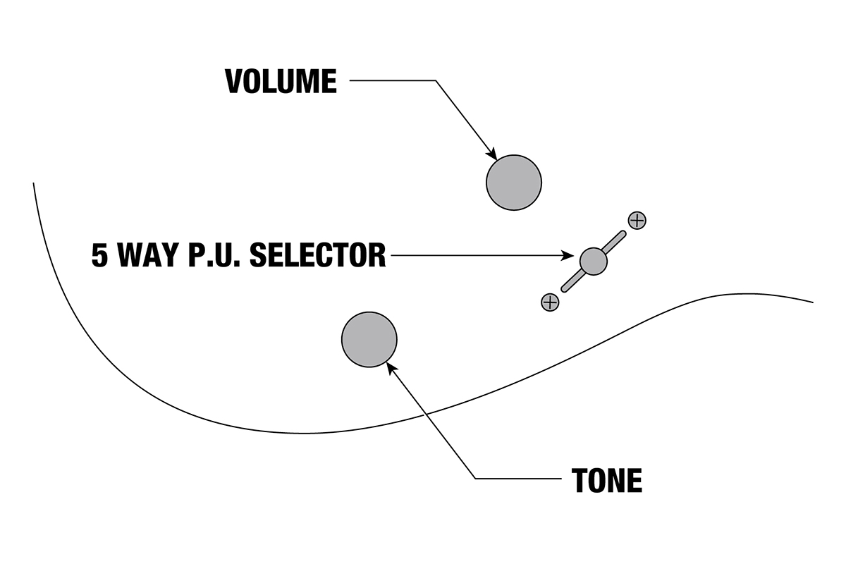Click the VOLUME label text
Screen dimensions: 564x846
click(x=281, y=82)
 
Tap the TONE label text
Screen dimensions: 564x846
click(x=607, y=481)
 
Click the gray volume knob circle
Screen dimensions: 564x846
click(x=514, y=183)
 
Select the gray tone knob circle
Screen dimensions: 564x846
click(x=369, y=339)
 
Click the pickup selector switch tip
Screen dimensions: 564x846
click(x=593, y=261)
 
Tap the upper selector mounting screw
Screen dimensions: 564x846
click(x=637, y=220)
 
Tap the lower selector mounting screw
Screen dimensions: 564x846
click(x=549, y=302)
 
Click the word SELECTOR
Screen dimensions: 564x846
click(x=317, y=255)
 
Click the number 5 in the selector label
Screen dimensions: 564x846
click(x=100, y=255)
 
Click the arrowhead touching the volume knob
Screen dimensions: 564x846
click(x=493, y=154)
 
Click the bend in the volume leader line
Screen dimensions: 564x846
click(x=436, y=81)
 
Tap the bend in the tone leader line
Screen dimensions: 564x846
click(x=475, y=479)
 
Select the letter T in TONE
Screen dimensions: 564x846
click(x=580, y=481)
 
